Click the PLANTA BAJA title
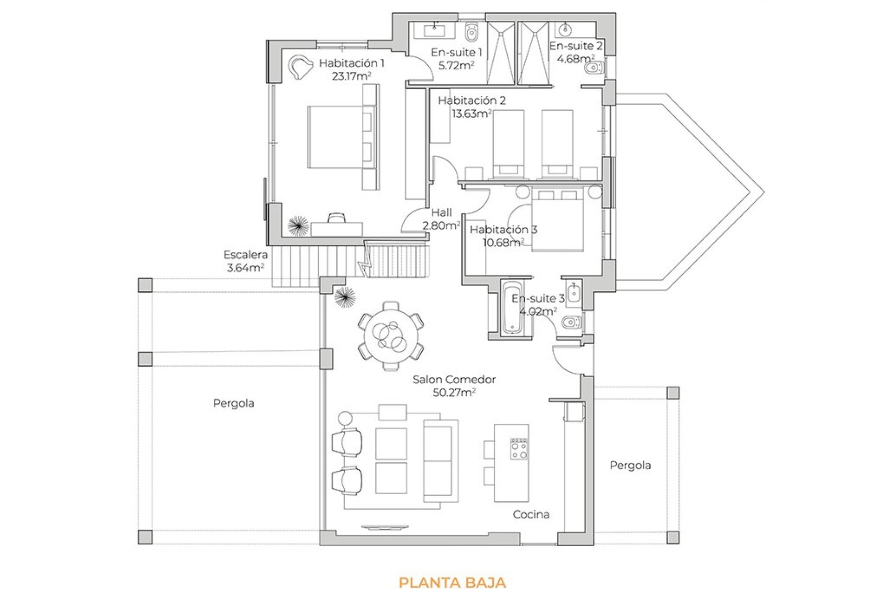(452, 582)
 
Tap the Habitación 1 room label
(351, 63)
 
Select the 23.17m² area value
(351, 76)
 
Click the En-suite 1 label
(456, 52)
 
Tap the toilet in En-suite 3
(572, 322)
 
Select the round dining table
(391, 336)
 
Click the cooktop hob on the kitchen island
(519, 449)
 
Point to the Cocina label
(531, 514)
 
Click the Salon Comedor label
(454, 380)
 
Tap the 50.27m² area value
(454, 393)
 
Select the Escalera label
(246, 254)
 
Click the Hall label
(441, 213)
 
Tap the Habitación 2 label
(472, 100)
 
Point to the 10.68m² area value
(503, 243)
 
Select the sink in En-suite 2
(564, 30)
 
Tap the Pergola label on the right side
(630, 466)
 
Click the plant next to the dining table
(345, 297)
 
